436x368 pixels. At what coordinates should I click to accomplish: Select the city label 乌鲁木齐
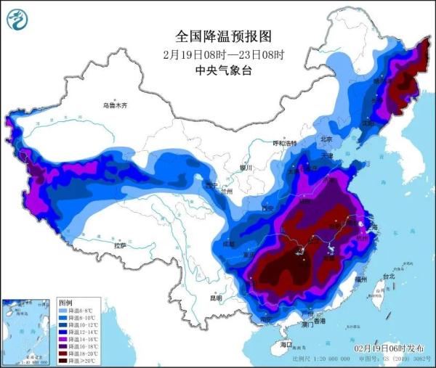[114, 106]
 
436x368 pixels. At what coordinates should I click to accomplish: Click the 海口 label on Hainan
[286, 344]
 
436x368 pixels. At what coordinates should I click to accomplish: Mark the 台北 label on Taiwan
[388, 277]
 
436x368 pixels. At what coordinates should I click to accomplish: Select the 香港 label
[318, 321]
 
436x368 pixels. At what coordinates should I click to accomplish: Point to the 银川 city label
[245, 168]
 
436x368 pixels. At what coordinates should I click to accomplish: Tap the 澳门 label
[307, 325]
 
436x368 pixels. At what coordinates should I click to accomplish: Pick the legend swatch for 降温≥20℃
[64, 361]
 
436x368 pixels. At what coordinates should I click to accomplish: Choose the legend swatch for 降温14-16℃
[64, 338]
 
